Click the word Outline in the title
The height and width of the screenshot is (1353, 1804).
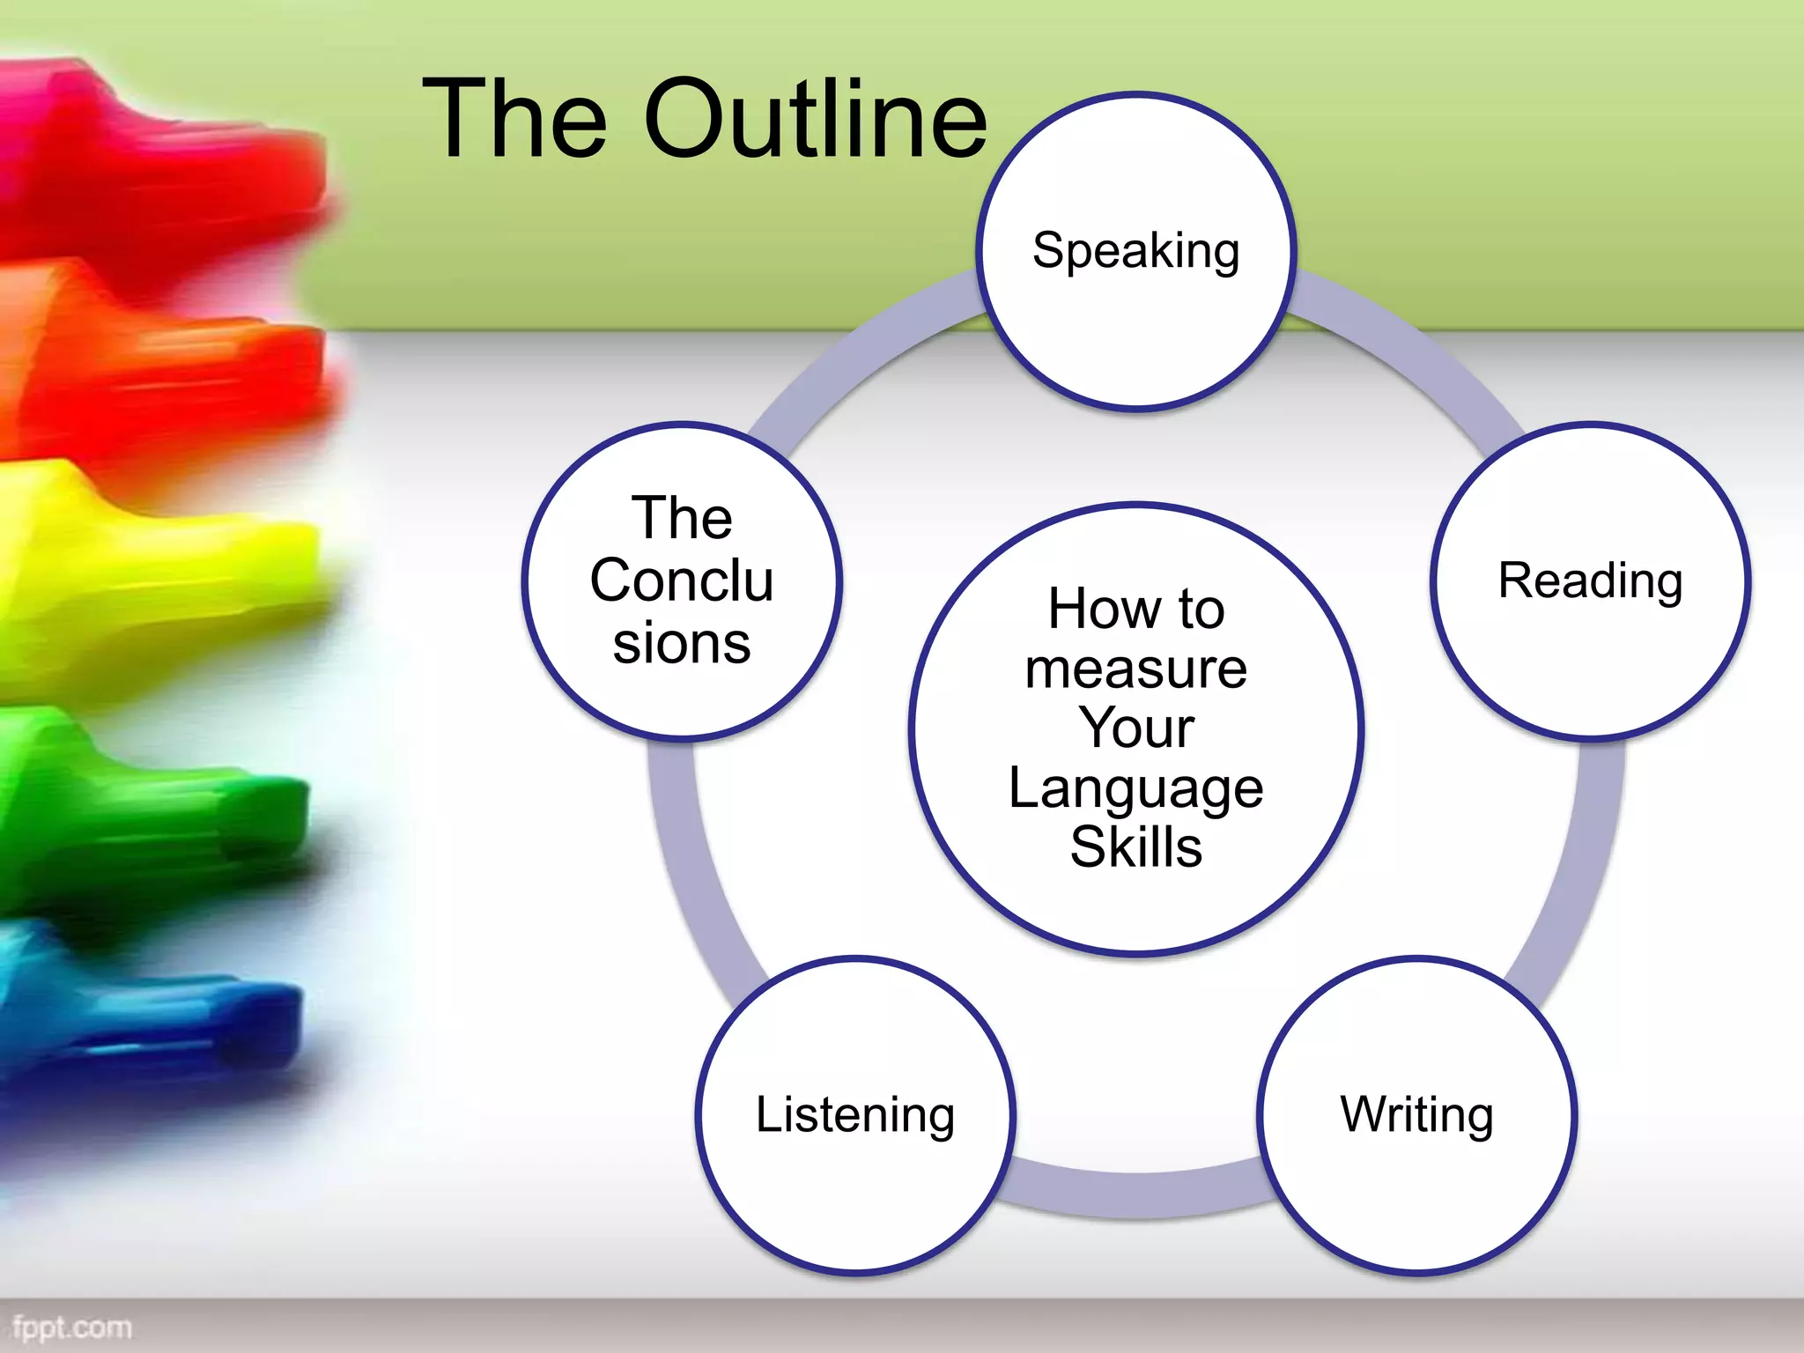click(x=815, y=119)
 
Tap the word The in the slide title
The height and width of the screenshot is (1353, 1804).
click(x=515, y=119)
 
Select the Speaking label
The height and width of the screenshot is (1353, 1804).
click(x=1135, y=251)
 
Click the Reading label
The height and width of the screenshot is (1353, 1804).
click(x=1590, y=581)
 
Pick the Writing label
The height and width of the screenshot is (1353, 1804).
click(x=1416, y=1114)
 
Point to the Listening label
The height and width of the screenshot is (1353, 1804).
click(x=855, y=1114)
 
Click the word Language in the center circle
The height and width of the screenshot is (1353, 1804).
click(x=1135, y=788)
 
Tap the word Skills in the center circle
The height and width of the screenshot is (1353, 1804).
click(x=1135, y=847)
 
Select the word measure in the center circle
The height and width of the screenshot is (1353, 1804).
click(x=1135, y=669)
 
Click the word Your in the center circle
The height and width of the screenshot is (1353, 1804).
click(x=1135, y=728)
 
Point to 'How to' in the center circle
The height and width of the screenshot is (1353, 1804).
click(x=1135, y=610)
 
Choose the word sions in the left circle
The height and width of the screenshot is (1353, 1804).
click(x=682, y=643)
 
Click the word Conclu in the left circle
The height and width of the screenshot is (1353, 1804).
click(x=682, y=580)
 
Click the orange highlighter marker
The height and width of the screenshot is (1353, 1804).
click(x=159, y=370)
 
